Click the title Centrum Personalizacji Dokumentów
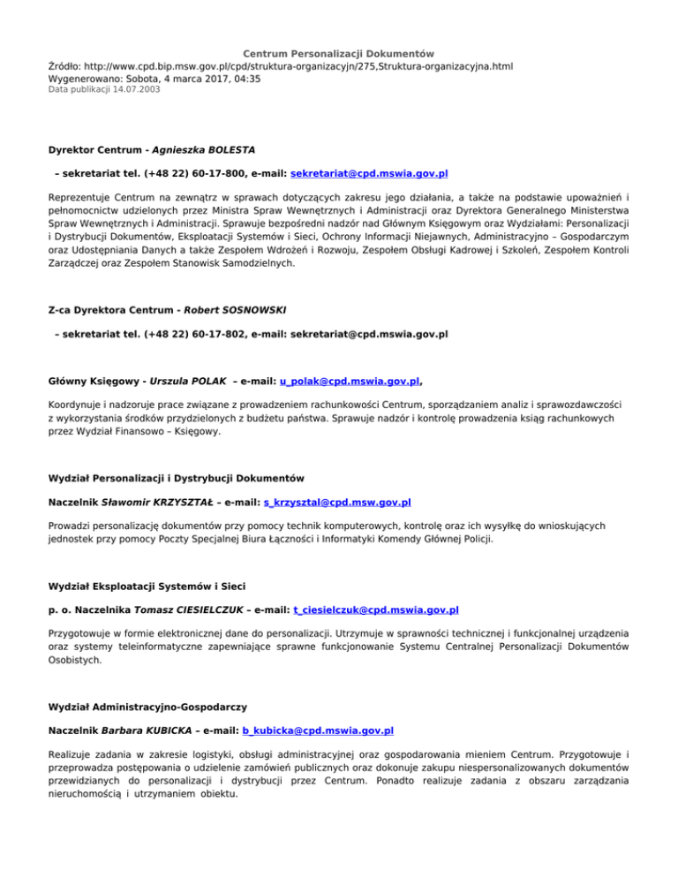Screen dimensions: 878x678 (338, 54)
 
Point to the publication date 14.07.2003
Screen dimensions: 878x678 (132, 89)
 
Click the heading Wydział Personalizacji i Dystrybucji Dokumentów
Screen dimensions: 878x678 (177, 478)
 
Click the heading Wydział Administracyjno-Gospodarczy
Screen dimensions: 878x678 (147, 706)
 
